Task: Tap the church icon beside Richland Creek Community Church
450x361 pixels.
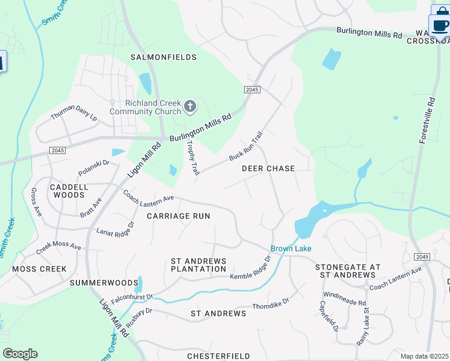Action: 190,107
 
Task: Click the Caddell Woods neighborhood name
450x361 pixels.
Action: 69,191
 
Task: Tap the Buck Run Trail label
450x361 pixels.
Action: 246,146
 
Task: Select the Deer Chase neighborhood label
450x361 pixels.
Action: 268,168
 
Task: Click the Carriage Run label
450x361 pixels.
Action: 179,215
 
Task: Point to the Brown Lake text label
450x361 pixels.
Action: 291,248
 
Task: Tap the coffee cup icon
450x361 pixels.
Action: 441,25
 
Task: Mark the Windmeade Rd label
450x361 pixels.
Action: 344,298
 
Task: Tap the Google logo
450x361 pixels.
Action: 20,354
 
